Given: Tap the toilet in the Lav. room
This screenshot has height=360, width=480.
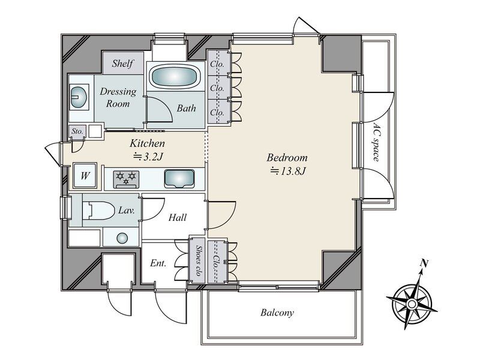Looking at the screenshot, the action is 98,211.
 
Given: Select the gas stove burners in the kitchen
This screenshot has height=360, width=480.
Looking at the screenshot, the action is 126,179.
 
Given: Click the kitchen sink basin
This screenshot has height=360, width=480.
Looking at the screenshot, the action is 179,178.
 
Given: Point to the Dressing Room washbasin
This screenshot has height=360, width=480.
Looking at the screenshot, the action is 79,97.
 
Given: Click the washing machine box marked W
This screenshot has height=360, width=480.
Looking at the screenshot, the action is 85,176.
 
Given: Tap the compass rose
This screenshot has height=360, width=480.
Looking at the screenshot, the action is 412,303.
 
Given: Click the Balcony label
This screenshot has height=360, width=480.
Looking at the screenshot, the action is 277,313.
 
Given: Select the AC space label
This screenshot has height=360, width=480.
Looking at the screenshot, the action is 377,142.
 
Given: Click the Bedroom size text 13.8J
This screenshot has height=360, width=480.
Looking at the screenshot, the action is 287,171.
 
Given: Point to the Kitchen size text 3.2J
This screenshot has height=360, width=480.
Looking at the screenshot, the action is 148,157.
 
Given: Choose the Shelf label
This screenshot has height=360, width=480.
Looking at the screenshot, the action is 123,64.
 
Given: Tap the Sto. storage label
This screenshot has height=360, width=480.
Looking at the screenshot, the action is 77,131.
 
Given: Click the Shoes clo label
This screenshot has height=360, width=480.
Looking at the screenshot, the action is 199,260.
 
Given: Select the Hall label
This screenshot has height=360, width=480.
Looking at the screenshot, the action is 178,217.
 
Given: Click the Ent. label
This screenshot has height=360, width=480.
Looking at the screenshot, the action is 158,263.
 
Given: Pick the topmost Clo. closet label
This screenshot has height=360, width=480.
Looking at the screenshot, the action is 217,64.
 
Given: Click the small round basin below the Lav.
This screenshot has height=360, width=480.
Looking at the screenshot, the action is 122,238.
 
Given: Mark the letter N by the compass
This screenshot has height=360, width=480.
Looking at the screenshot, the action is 424,262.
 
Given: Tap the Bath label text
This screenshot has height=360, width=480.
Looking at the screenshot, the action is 186,108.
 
